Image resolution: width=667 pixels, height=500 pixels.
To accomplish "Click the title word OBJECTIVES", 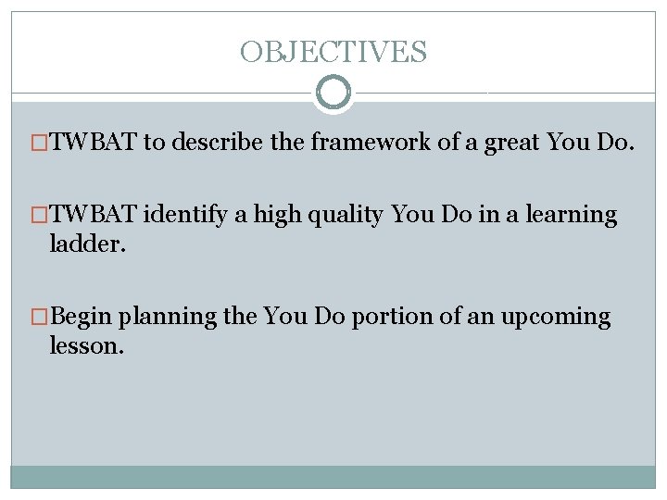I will pos(333,52).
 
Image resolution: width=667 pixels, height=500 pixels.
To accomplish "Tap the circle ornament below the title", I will pos(333,93).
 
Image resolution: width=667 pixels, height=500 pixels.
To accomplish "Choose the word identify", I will pos(186,215).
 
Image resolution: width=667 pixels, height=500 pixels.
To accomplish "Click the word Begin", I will pos(82,318).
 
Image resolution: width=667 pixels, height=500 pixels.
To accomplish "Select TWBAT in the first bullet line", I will pos(93,143).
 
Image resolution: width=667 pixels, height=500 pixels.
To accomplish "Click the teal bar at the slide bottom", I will pos(333,476).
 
